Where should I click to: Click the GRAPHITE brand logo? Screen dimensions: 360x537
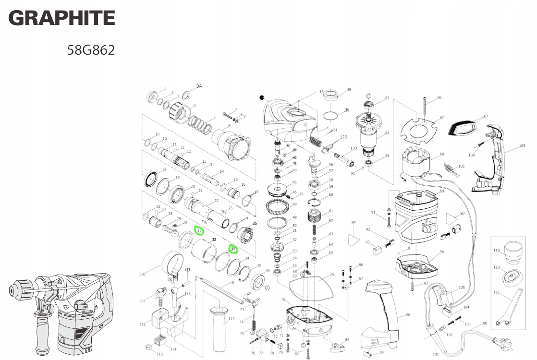click(62, 19)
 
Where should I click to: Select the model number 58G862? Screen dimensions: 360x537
click(91, 50)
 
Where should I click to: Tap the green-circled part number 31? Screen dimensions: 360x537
click(198, 231)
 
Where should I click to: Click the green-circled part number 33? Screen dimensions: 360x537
click(233, 249)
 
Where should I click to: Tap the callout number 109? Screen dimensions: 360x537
click(522, 145)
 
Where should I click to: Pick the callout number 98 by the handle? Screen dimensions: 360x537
click(408, 315)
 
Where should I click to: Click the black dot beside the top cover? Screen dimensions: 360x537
click(262, 97)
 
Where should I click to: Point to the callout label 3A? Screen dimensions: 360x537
click(199, 86)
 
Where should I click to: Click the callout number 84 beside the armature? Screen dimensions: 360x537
click(387, 133)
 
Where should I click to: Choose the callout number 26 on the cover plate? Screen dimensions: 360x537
click(331, 275)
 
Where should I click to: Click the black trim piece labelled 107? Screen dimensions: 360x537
click(462, 127)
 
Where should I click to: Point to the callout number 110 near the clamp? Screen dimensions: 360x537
click(142, 275)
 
